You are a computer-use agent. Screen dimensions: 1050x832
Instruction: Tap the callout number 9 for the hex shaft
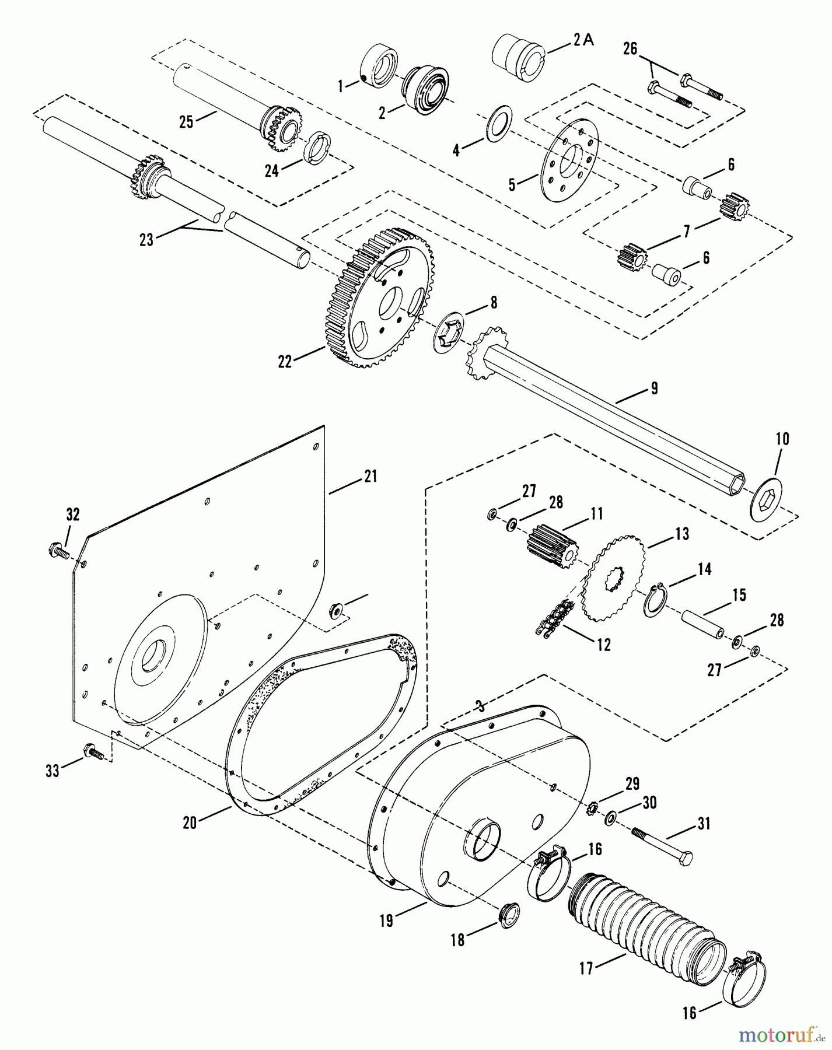click(x=654, y=388)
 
